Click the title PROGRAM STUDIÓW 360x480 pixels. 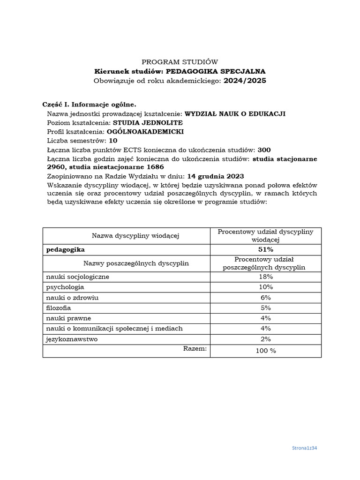tap(180, 62)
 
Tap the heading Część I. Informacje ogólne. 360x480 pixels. tap(89, 104)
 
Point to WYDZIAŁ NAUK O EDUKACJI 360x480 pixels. tap(235, 113)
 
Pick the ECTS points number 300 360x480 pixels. tap(264, 150)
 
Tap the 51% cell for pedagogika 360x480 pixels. tap(266, 249)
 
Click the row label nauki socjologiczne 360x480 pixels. tap(77, 277)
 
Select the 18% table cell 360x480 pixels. tap(266, 277)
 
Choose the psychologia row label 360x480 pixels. tap(65, 287)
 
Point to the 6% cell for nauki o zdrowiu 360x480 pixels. tap(266, 298)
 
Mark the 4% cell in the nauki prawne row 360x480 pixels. tap(266, 318)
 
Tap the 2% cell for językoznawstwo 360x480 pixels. tap(266, 339)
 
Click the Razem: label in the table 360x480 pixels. tap(195, 348)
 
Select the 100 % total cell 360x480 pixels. tap(266, 351)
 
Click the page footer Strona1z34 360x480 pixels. tap(305, 448)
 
